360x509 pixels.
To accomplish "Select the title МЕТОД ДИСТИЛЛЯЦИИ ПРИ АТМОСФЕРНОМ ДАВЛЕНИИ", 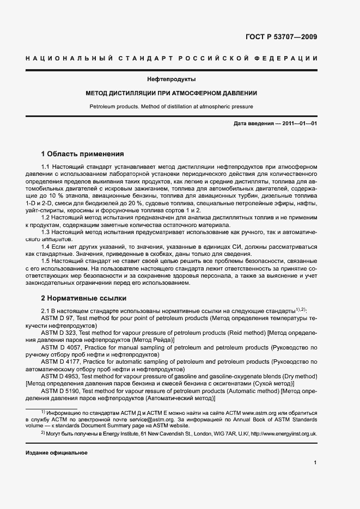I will [179, 93].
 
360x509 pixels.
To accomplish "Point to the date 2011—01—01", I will [297, 124].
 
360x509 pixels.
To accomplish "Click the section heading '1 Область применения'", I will [83, 154].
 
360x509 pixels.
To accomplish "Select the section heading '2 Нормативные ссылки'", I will [84, 298].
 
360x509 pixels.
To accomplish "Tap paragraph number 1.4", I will [46, 247].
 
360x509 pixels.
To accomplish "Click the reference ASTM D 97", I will [57, 317].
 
